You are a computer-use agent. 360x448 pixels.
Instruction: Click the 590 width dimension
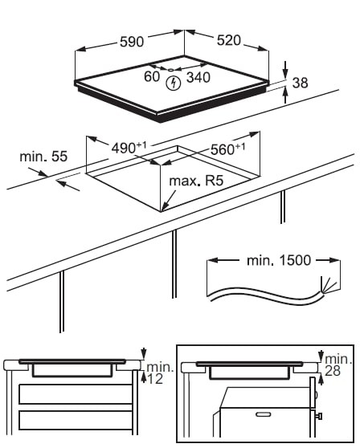point(132,42)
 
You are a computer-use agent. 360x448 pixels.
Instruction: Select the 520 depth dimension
point(229,40)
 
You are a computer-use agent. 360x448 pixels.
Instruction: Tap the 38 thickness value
point(301,83)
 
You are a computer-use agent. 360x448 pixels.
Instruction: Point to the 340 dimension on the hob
point(198,77)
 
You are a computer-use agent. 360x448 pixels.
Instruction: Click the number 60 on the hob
point(152,76)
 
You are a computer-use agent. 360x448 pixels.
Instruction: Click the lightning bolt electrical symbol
point(174,83)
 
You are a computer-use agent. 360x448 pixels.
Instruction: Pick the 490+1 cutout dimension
point(129,148)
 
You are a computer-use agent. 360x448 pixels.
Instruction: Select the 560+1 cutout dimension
point(228,149)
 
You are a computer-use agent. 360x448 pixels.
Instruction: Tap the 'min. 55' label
point(43,157)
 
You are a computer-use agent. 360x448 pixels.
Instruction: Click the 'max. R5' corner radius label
point(196,181)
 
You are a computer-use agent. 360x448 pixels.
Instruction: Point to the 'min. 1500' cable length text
point(279,260)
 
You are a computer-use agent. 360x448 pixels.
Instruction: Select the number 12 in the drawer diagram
point(155,379)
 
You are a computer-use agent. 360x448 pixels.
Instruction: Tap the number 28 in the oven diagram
point(333,371)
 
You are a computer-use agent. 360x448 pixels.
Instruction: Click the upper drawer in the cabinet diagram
point(76,394)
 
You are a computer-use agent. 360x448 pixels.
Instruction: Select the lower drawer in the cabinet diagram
point(76,421)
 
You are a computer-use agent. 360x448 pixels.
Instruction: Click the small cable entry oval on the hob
point(170,69)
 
